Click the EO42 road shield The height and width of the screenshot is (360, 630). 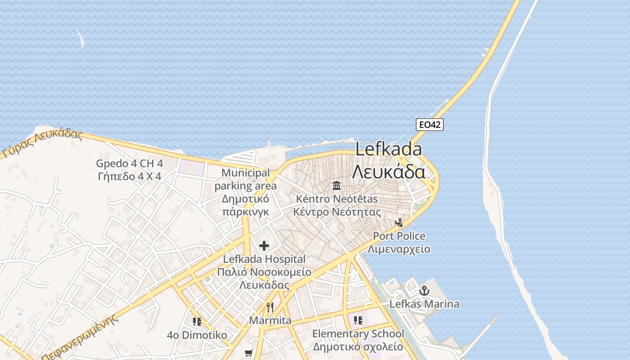429,125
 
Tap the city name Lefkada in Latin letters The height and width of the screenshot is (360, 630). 389,149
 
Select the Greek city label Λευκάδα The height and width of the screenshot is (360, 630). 389,171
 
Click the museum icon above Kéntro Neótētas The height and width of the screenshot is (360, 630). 336,185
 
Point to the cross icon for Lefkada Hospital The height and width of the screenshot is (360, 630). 264,246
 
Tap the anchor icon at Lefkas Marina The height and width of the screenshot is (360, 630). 424,291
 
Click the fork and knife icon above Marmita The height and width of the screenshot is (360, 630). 270,307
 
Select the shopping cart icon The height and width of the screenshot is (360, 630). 249,353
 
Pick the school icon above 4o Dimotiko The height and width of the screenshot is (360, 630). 197,321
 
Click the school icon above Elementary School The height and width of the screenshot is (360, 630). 358,320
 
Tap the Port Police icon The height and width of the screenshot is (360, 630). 399,222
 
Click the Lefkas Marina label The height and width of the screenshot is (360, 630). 424,304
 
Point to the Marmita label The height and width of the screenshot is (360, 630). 270,320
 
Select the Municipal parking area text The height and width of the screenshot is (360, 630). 246,179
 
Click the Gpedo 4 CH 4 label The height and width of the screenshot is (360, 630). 130,163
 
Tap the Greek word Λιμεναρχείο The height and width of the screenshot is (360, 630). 399,249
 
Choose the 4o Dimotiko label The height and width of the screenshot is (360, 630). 197,335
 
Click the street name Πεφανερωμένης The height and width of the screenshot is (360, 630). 81,337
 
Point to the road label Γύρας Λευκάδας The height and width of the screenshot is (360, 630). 43,144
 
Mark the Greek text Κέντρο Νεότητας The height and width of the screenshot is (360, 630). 337,212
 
